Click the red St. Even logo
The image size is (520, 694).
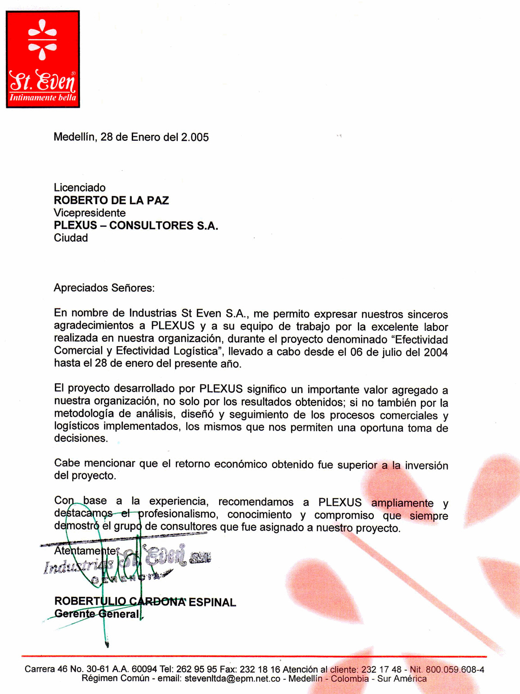coord(43,59)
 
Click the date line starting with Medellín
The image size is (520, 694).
coord(131,137)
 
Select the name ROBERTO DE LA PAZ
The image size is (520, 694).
coord(111,200)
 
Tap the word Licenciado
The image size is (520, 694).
coord(80,188)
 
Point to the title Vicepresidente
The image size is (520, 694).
coord(90,213)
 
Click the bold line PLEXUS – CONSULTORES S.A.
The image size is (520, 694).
coord(136,226)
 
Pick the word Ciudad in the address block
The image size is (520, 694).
coord(71,238)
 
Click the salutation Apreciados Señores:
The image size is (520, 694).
coord(104,288)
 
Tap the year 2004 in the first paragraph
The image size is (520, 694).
coord(435,352)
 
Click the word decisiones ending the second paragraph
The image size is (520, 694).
coord(81,439)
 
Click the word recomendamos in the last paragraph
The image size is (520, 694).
coord(256,502)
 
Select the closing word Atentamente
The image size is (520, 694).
coord(85,551)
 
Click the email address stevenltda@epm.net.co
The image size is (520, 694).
coord(232,679)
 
